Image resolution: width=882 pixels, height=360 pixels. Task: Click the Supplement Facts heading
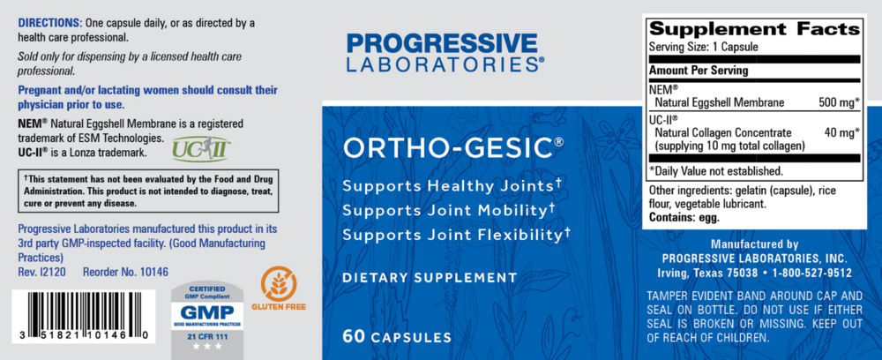point(753,28)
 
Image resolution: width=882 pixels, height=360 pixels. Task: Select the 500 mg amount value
point(836,103)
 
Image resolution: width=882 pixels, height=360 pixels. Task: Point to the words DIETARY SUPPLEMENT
point(430,277)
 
